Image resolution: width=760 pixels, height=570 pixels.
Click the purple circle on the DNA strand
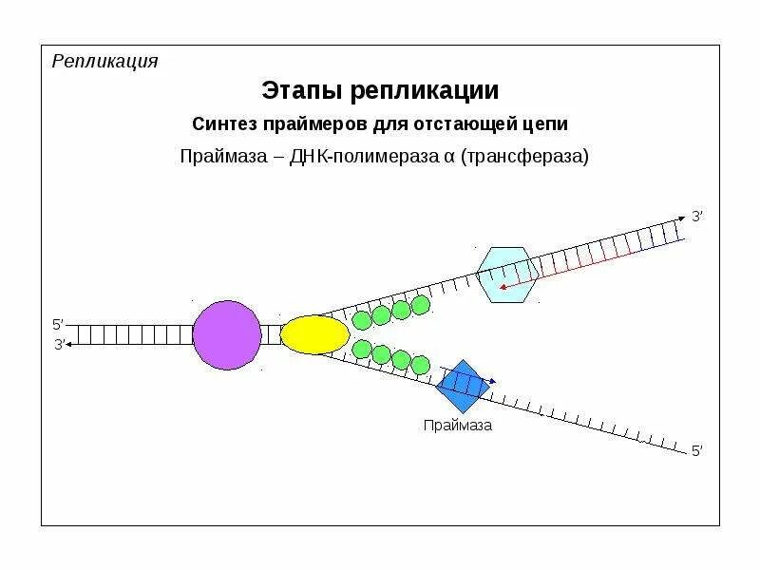227,334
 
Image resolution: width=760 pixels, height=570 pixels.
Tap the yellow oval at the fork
314,334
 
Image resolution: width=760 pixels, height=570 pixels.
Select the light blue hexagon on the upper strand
507,275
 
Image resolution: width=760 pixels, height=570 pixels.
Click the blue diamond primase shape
463,385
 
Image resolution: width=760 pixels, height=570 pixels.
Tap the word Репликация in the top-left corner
104,62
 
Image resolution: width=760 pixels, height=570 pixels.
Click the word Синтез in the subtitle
220,124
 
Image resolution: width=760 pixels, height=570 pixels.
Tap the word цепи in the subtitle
544,124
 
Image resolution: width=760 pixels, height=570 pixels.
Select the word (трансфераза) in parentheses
525,156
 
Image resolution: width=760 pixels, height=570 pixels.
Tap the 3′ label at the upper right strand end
697,217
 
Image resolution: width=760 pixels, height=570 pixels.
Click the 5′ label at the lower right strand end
697,452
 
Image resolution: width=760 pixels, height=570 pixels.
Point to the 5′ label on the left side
58,325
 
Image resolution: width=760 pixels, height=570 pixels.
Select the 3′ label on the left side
58,344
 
